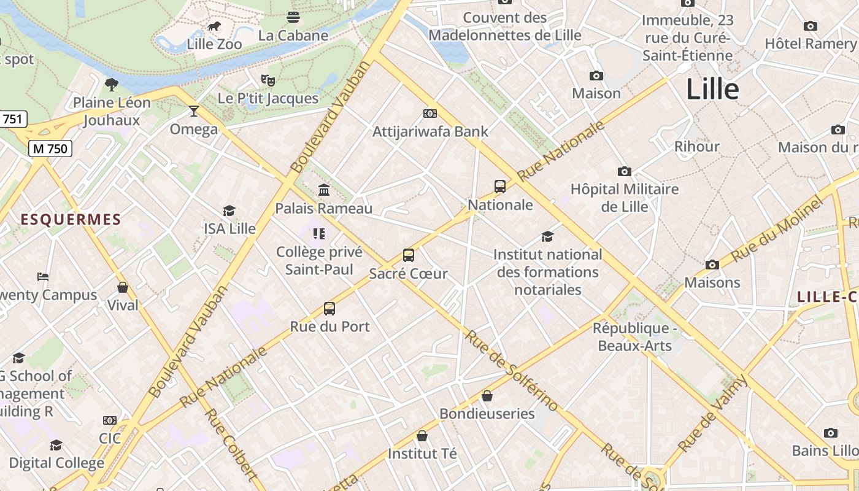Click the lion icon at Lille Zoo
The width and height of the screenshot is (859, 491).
point(214,26)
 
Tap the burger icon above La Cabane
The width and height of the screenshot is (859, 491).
point(293,17)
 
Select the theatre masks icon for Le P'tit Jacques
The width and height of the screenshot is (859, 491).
point(268,80)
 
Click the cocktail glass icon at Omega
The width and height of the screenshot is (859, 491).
point(194,111)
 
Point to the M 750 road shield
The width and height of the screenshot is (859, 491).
point(51,149)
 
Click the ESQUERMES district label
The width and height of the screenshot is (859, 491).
point(71,220)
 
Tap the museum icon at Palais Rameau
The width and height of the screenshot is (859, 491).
point(324,190)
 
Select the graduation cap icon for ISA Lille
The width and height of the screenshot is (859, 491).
point(229,211)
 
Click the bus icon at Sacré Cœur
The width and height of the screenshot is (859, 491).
point(409,255)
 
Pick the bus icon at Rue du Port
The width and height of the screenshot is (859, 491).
point(329,309)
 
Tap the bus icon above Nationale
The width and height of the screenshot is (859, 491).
point(500,187)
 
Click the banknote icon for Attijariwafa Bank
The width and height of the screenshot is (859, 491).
point(430,114)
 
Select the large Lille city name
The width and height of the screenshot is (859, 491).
point(712,90)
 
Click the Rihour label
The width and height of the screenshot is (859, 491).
point(697,146)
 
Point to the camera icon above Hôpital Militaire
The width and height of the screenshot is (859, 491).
point(625,171)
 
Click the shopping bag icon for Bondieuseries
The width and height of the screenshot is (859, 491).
point(487,396)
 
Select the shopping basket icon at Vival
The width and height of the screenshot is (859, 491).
point(123,287)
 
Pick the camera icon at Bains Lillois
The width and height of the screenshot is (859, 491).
point(831,433)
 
